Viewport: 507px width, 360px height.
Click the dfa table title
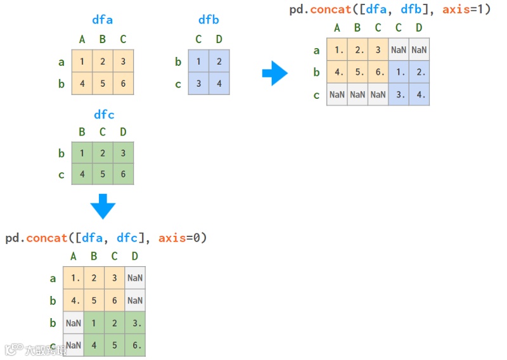coord(102,20)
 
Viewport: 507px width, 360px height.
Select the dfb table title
coord(209,20)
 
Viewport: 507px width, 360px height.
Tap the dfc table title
coord(104,115)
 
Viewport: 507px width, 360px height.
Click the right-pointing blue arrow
coord(274,73)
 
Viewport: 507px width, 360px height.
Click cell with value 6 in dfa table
coord(123,84)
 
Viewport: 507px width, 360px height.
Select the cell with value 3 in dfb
coord(198,84)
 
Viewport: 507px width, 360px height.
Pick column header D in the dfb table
coord(219,40)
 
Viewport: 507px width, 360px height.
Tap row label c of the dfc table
coord(61,174)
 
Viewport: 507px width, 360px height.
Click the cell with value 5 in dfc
coord(103,174)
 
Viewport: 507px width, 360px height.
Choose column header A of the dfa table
coord(82,40)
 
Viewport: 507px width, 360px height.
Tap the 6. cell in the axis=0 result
coord(135,345)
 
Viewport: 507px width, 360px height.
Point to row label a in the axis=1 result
coord(317,50)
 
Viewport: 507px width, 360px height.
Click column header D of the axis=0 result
coord(134,257)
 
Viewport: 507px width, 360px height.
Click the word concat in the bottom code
coord(47,238)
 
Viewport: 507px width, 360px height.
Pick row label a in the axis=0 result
coord(53,278)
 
